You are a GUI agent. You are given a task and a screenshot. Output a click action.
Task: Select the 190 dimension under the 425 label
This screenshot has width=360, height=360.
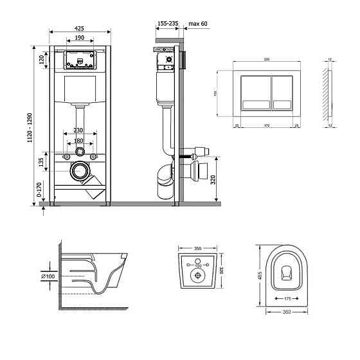coord(80,38)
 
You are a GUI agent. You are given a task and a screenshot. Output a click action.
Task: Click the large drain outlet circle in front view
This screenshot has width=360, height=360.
coord(80,172)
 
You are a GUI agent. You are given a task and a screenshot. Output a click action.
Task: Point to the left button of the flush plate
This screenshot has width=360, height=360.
coord(253,94)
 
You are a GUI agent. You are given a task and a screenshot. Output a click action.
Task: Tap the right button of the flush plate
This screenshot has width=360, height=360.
coord(283,94)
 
